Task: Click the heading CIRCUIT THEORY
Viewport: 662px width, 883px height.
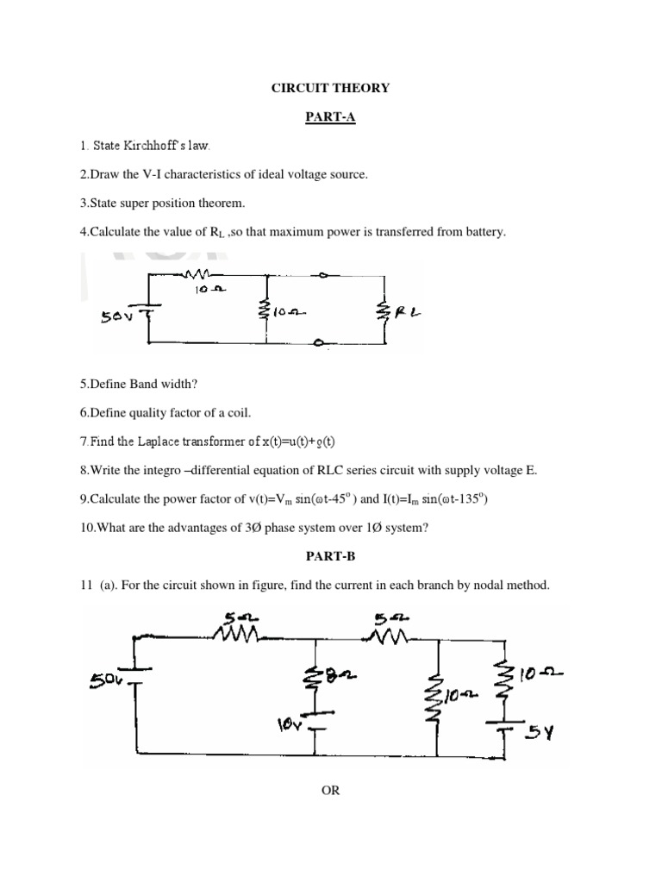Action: pyautogui.click(x=331, y=88)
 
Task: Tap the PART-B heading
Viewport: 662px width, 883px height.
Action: pyautogui.click(x=331, y=556)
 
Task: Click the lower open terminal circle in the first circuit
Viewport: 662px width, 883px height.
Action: pyautogui.click(x=319, y=343)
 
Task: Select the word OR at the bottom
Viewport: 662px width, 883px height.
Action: pyautogui.click(x=331, y=791)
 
